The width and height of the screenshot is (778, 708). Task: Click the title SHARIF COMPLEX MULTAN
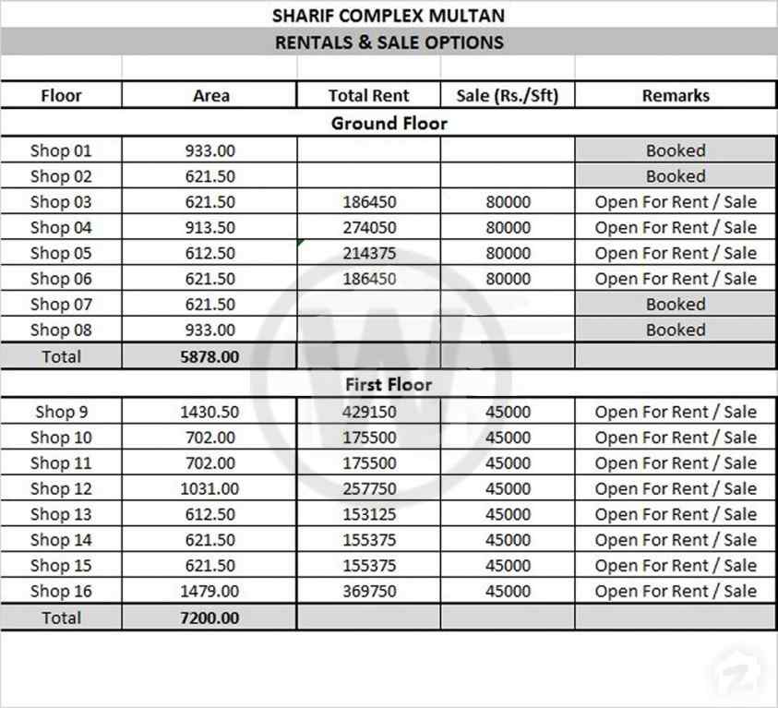pos(389,16)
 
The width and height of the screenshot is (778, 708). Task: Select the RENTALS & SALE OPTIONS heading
pos(389,42)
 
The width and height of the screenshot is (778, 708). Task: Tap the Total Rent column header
pos(369,95)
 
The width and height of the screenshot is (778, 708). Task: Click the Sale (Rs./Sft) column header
pos(508,95)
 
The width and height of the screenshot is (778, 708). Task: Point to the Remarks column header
pos(676,95)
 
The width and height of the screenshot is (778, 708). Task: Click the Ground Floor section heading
pos(389,123)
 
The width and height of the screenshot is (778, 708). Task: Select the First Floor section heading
pos(389,384)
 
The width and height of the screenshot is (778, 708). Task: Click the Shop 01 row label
pos(61,150)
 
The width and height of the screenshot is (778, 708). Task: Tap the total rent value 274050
pos(369,227)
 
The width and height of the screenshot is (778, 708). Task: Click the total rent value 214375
pos(369,253)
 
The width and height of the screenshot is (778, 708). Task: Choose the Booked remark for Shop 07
pos(676,305)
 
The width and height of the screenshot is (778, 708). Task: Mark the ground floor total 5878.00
pos(209,356)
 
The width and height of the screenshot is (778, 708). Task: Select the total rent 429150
pos(369,412)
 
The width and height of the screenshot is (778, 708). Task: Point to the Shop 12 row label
pos(61,488)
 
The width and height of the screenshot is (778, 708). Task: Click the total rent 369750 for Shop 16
pos(369,591)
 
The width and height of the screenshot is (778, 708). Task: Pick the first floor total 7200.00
pos(209,618)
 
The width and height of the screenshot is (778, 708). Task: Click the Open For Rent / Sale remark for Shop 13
pos(676,514)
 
